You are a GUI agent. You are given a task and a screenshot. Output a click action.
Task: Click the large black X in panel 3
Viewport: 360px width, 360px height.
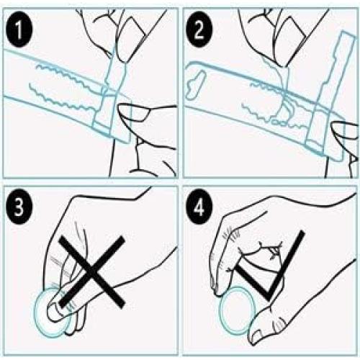pos(92,271)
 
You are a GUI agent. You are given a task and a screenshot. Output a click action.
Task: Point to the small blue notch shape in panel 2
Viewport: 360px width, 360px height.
pos(196,84)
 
